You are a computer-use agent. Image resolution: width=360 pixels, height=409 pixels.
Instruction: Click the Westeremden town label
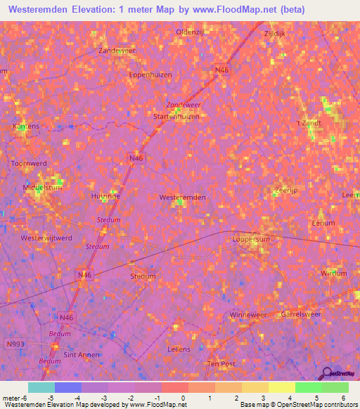[183, 197]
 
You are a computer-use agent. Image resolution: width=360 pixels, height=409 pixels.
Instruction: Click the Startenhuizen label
[176, 117]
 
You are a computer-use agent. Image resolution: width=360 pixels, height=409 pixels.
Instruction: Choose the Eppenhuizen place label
[150, 74]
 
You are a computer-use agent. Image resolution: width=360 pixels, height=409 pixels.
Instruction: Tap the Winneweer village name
[248, 314]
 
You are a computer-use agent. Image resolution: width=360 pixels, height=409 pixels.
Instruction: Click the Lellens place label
[180, 349]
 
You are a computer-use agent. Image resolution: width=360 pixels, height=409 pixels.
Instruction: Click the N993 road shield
[15, 344]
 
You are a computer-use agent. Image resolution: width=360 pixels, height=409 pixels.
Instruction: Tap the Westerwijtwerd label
[47, 238]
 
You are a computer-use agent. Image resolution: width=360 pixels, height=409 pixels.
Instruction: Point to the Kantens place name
[26, 126]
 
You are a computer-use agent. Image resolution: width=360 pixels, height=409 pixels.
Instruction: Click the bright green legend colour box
[308, 388]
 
